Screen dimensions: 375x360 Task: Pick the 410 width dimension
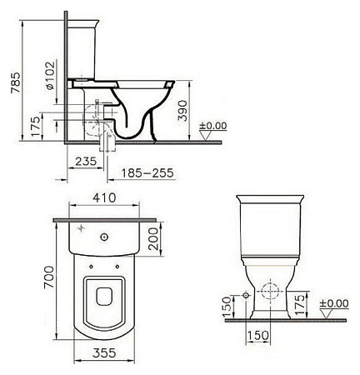(104, 199)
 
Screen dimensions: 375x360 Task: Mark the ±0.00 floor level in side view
(213, 126)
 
